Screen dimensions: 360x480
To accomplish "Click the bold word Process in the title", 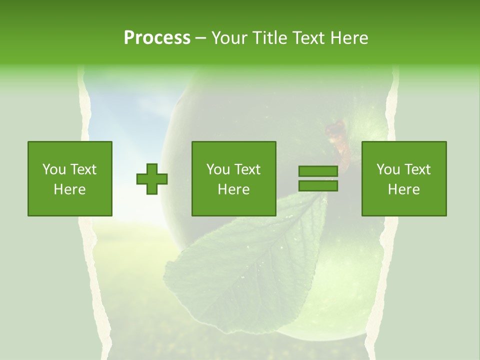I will pyautogui.click(x=157, y=38).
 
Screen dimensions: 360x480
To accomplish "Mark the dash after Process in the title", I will pyautogui.click(x=200, y=38).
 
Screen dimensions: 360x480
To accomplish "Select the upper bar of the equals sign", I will pyautogui.click(x=318, y=171).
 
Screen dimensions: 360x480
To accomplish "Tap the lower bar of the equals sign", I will pyautogui.click(x=318, y=186).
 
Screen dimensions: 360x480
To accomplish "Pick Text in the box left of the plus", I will pyautogui.click(x=83, y=169).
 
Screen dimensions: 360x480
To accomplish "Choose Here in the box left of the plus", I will pyautogui.click(x=69, y=189).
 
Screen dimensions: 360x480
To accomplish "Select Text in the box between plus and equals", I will pyautogui.click(x=247, y=169).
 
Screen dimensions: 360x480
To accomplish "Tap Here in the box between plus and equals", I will pyautogui.click(x=233, y=189).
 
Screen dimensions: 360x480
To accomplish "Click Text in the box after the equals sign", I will pyautogui.click(x=417, y=169).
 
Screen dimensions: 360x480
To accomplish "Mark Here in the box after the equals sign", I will pyautogui.click(x=403, y=189).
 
